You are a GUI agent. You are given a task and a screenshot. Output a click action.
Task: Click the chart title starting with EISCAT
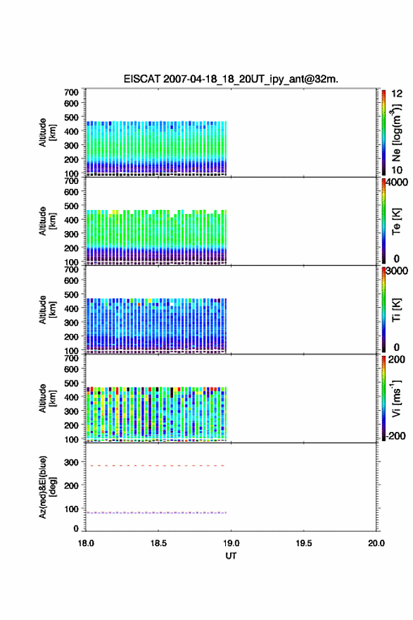click(231, 79)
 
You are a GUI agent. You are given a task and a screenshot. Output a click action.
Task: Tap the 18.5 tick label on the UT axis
click(158, 543)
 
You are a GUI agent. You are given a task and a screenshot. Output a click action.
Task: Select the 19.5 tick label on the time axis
click(303, 543)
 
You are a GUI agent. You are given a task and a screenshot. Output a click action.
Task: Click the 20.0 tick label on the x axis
click(376, 543)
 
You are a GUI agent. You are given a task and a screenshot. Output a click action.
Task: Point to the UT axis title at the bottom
click(231, 556)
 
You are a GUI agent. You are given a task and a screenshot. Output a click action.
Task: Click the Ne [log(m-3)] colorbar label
click(396, 132)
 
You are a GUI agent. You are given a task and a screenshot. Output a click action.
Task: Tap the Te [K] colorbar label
click(396, 221)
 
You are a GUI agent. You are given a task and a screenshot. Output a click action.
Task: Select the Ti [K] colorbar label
click(396, 309)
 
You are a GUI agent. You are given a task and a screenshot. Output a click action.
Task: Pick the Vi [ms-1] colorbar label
click(396, 398)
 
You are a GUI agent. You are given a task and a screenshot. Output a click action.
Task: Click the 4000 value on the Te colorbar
click(397, 182)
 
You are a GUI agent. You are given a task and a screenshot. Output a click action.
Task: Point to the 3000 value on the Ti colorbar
click(397, 271)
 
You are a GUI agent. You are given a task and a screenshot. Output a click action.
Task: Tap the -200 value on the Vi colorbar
click(395, 435)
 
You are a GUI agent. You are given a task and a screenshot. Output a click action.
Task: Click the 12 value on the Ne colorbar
click(397, 94)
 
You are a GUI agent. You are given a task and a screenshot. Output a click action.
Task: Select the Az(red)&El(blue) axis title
click(48, 487)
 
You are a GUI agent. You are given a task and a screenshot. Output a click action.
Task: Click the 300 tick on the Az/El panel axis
click(72, 462)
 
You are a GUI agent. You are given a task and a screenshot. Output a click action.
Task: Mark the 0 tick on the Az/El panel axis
click(76, 528)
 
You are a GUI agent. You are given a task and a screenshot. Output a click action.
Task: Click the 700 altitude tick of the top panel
click(72, 92)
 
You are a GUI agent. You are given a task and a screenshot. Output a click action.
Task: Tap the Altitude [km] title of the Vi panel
click(48, 398)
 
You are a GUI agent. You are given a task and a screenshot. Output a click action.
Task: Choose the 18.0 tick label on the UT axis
click(86, 543)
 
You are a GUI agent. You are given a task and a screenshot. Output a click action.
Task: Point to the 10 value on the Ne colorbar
click(397, 170)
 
